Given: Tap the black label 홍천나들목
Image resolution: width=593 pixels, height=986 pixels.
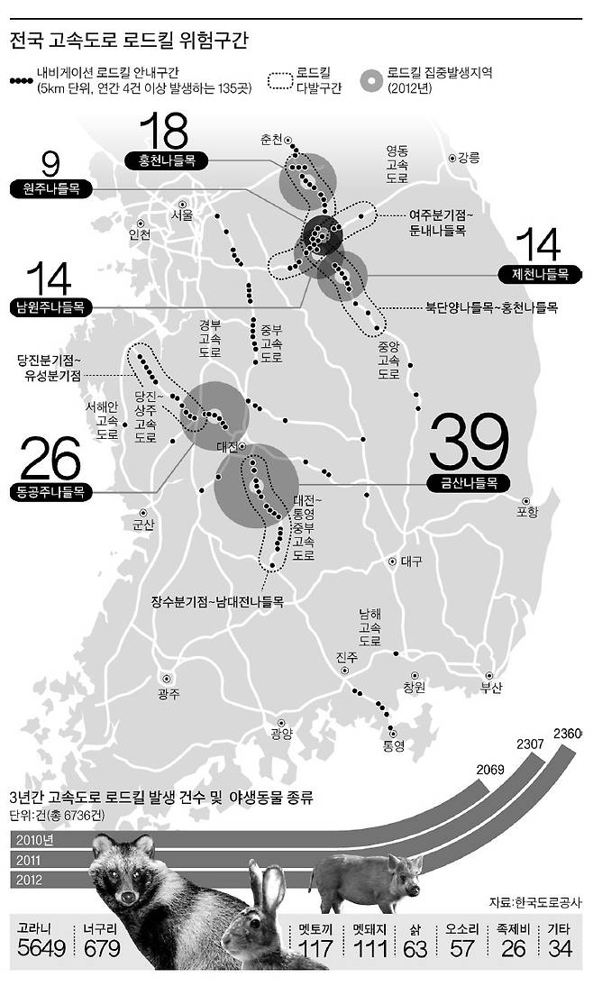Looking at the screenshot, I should point(167,160).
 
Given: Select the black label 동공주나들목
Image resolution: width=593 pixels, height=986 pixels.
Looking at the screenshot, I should point(50,491).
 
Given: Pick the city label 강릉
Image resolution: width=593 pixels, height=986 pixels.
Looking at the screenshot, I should point(469,159).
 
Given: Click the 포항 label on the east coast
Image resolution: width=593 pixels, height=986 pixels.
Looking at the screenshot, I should point(526,512).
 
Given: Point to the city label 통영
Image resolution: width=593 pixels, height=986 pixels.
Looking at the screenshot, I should point(394,745).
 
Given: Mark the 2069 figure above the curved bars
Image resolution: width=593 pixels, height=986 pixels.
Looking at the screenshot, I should point(489,771).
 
